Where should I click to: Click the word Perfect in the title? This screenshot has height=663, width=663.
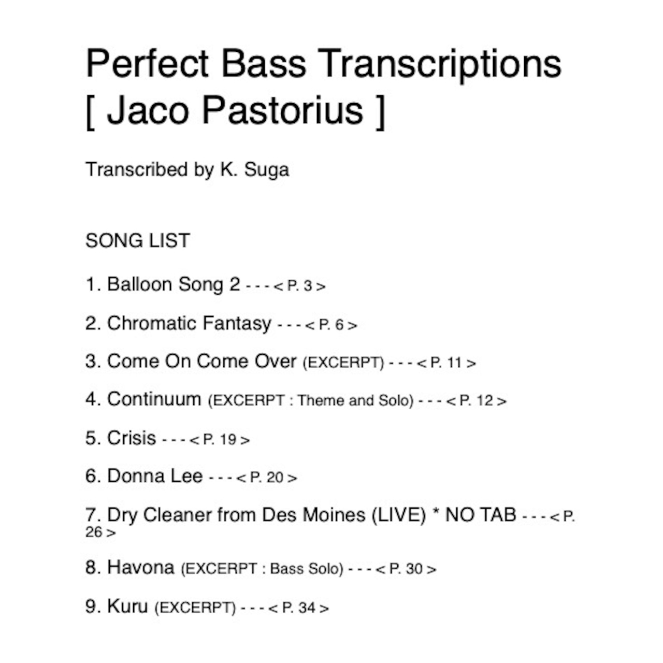point(147,63)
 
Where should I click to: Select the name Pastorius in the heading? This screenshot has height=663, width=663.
point(282,110)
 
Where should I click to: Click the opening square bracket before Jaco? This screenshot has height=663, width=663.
point(91,112)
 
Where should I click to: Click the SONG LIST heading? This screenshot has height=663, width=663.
point(137,240)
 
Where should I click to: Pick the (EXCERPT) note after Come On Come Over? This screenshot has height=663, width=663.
point(343,363)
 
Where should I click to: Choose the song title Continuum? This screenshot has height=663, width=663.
point(154,399)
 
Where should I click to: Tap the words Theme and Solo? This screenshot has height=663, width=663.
point(355,400)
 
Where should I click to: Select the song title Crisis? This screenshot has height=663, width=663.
point(132,438)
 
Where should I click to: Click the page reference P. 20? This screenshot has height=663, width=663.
point(266,478)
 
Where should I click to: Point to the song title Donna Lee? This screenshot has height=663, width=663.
point(155,476)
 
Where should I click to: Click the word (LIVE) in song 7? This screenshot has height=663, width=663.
point(398,515)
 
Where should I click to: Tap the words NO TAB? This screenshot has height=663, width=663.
point(481,515)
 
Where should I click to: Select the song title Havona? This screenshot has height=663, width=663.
point(141,567)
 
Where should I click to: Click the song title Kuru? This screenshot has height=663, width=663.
point(127,606)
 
